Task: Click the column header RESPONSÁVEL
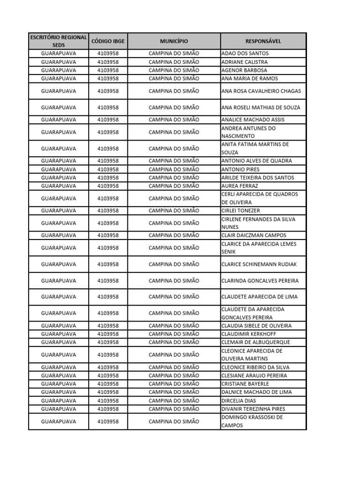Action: point(263,41)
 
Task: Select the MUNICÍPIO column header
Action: point(173,41)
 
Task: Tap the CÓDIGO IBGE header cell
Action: point(108,41)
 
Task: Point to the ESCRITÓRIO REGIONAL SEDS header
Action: point(59,41)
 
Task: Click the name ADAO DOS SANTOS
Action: point(245,53)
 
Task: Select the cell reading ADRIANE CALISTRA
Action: point(245,62)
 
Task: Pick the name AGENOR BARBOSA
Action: point(244,70)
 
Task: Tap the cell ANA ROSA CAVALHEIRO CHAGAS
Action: point(261,91)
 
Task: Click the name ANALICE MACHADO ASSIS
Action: point(253,120)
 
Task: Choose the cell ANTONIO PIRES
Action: point(240,169)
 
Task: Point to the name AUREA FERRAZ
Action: point(240,186)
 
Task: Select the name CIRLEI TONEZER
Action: point(240,211)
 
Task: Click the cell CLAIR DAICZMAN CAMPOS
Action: point(254,235)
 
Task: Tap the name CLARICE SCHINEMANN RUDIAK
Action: point(259,264)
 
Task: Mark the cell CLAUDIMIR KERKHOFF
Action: point(249,334)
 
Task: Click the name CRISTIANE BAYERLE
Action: point(245,384)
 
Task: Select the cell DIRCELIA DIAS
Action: point(238,401)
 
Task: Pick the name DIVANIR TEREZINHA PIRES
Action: point(253,409)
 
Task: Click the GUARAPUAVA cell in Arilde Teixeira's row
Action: point(59,178)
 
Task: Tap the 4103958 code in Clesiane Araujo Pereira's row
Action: point(108,375)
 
